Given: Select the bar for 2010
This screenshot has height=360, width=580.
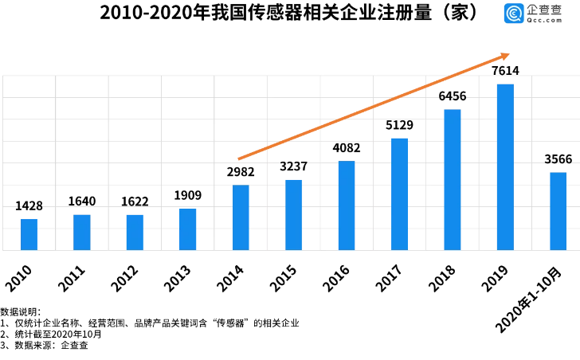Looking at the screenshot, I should (x=29, y=234).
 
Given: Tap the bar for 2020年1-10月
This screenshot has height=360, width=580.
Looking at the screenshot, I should (x=558, y=211).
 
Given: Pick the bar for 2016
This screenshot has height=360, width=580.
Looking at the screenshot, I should (x=347, y=205).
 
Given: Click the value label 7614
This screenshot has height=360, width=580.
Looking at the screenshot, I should (x=505, y=72).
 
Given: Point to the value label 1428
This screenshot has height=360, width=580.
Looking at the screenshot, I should (x=29, y=206).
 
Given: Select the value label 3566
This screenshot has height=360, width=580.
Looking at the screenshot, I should (x=558, y=159).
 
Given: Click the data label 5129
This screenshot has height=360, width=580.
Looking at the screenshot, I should (x=399, y=125).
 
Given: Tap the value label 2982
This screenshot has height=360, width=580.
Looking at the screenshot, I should (x=241, y=172).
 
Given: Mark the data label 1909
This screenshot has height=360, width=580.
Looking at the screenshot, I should (x=187, y=196).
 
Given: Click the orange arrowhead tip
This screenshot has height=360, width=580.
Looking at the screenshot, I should (x=507, y=55).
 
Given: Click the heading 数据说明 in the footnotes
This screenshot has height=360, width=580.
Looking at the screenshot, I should (x=20, y=311).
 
